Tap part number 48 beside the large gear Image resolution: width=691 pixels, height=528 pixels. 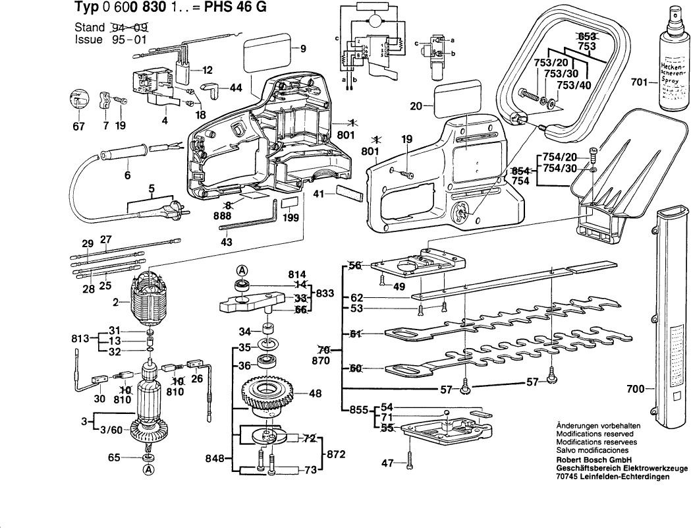316,394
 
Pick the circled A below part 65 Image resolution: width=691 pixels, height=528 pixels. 149,470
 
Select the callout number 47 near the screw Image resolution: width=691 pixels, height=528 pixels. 387,464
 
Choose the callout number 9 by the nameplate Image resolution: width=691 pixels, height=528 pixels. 303,48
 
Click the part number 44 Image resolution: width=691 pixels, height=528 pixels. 236,87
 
